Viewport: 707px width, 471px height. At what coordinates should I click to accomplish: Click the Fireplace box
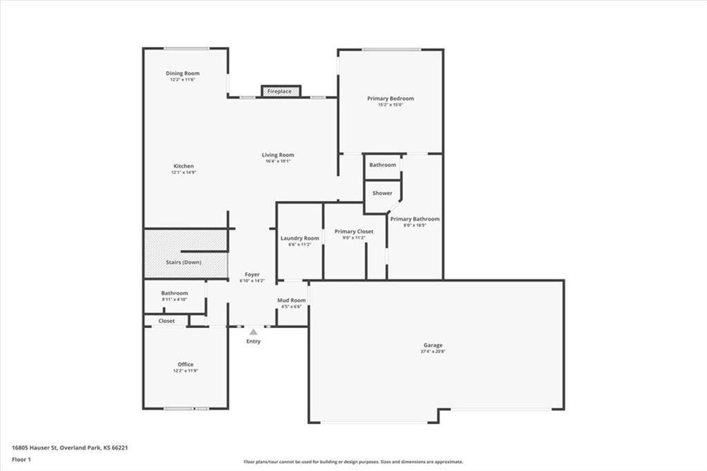tap(280, 91)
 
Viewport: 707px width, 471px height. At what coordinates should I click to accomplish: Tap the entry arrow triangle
tap(253, 332)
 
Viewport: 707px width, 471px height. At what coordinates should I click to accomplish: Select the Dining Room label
tap(182, 73)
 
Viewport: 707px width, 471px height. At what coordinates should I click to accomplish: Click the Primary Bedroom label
tap(390, 99)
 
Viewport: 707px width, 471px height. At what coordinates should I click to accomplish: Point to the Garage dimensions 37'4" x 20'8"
tap(433, 352)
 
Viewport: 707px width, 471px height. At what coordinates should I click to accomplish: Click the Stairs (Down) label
tap(184, 262)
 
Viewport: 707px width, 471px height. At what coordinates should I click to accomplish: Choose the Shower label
tap(382, 193)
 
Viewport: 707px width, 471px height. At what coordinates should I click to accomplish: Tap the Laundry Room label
tap(300, 238)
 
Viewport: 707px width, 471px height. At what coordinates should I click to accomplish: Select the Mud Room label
tap(291, 300)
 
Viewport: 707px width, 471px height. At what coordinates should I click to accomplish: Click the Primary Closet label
tap(353, 231)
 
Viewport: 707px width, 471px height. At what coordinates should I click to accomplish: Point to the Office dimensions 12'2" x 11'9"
tap(185, 371)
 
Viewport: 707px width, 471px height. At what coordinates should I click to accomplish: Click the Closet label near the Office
tap(166, 321)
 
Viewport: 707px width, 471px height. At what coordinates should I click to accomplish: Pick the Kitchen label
tap(184, 166)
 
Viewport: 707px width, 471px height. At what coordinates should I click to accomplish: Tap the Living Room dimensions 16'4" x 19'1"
tap(278, 161)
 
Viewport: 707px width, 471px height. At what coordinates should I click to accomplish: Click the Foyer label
tap(251, 275)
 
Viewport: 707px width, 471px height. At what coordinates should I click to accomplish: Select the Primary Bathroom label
tap(414, 219)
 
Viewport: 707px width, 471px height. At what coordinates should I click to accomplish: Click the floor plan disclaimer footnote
tap(353, 462)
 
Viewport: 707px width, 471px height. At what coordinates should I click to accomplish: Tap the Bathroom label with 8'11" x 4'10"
tap(174, 293)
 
